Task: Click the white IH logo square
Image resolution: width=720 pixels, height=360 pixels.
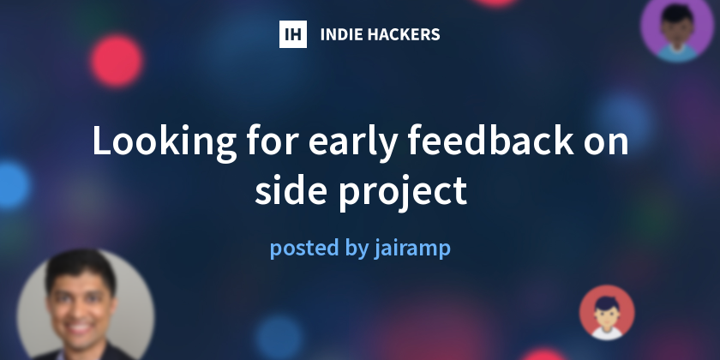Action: (x=293, y=34)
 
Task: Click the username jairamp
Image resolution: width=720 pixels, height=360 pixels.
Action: (x=412, y=249)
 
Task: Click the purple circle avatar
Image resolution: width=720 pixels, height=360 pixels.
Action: (x=678, y=27)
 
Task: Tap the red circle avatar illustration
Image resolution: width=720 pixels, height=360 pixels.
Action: (x=607, y=312)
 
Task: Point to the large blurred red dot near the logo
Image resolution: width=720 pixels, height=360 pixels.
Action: (x=116, y=60)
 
